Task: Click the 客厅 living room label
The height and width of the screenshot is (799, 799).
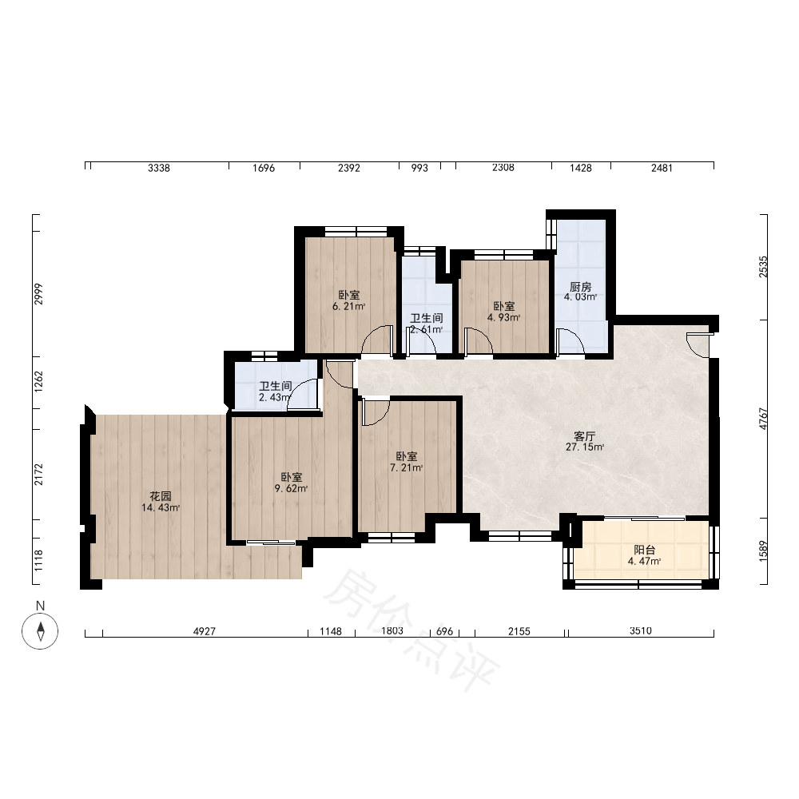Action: (585, 436)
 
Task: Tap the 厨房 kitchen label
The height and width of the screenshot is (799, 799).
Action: (580, 286)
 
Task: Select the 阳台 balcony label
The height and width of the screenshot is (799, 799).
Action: (644, 550)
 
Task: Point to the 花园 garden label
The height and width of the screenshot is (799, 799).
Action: (161, 496)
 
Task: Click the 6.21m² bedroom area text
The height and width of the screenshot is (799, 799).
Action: (349, 306)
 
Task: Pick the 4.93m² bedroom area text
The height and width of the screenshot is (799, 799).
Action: (503, 317)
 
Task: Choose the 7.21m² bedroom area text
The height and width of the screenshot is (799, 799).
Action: (406, 467)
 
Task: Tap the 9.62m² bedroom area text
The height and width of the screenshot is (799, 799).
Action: (291, 488)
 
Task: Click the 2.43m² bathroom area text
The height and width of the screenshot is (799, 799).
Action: (275, 397)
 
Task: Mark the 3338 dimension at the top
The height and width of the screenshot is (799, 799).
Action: (159, 168)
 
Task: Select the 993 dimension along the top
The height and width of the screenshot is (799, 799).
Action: (419, 168)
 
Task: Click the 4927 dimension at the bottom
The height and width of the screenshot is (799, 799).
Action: (205, 631)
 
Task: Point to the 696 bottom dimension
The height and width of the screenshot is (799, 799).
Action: (445, 631)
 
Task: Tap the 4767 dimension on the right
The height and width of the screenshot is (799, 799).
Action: (763, 419)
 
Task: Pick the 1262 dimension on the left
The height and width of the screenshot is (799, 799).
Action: (38, 382)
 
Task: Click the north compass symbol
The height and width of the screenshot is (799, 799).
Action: (40, 631)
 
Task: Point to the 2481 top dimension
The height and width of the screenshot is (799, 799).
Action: (662, 168)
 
